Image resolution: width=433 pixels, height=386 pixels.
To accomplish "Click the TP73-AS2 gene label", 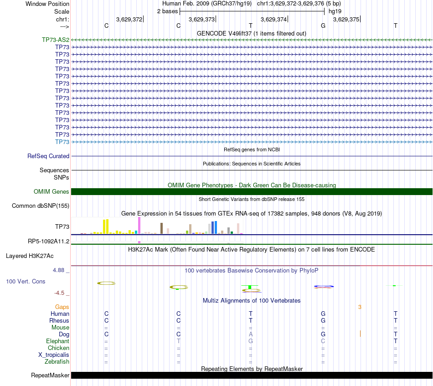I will (x=56, y=40).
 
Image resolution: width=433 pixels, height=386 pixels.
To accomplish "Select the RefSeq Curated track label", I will (x=48, y=156).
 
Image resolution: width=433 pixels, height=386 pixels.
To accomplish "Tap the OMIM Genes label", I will (x=52, y=192).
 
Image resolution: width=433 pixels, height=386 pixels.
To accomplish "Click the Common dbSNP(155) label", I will (x=41, y=206).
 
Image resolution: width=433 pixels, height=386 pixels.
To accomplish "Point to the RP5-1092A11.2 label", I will (x=49, y=241).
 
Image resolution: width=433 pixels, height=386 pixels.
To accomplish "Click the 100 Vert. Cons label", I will (x=26, y=282).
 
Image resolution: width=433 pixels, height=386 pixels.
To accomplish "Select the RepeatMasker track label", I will (x=50, y=376).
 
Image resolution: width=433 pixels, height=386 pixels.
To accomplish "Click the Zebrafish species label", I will (x=57, y=362).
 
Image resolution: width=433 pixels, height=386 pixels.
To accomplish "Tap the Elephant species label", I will (x=57, y=341).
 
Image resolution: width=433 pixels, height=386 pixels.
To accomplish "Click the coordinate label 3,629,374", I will (x=273, y=20).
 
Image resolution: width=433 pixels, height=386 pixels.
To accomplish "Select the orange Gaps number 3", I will (x=360, y=307).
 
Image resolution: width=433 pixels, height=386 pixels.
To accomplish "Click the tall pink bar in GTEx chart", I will (x=139, y=225).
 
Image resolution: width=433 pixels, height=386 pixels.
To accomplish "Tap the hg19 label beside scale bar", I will (x=335, y=11).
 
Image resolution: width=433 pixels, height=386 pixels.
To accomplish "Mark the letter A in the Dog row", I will (x=250, y=335).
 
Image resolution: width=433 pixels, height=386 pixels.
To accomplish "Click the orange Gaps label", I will (x=62, y=307).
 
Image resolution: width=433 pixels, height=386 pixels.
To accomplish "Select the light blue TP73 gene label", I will (x=62, y=142).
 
